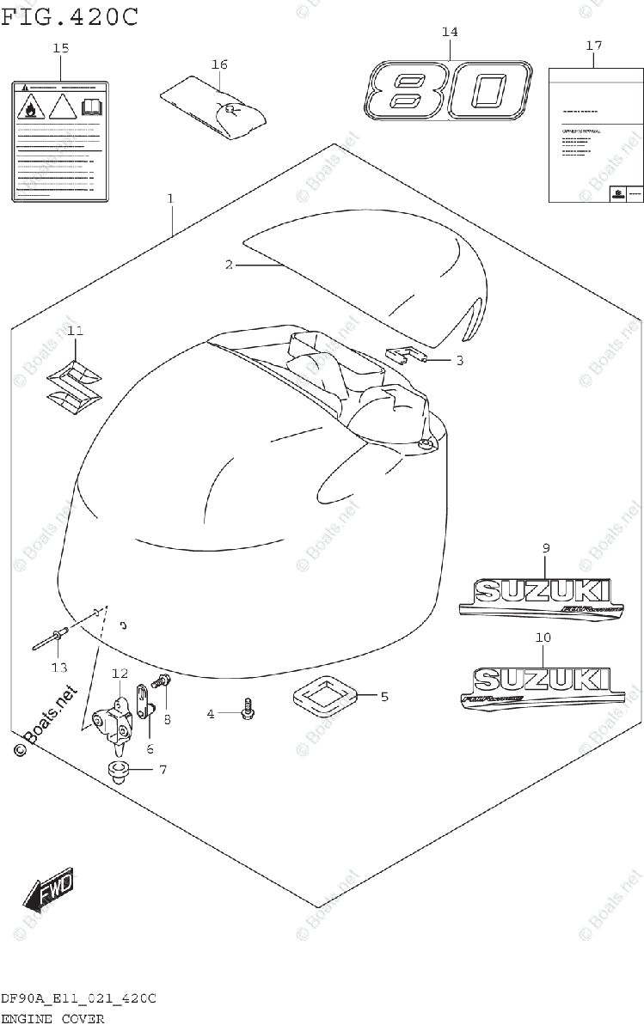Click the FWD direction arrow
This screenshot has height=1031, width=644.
50,891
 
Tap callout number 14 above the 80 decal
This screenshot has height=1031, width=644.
450,32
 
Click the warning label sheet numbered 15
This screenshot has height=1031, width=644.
59,141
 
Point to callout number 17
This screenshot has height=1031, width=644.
593,45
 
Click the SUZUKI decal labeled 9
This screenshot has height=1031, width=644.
535,595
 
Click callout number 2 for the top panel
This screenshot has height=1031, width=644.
230,265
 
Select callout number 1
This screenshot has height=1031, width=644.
170,198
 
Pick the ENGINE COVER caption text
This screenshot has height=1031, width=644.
53,1019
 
